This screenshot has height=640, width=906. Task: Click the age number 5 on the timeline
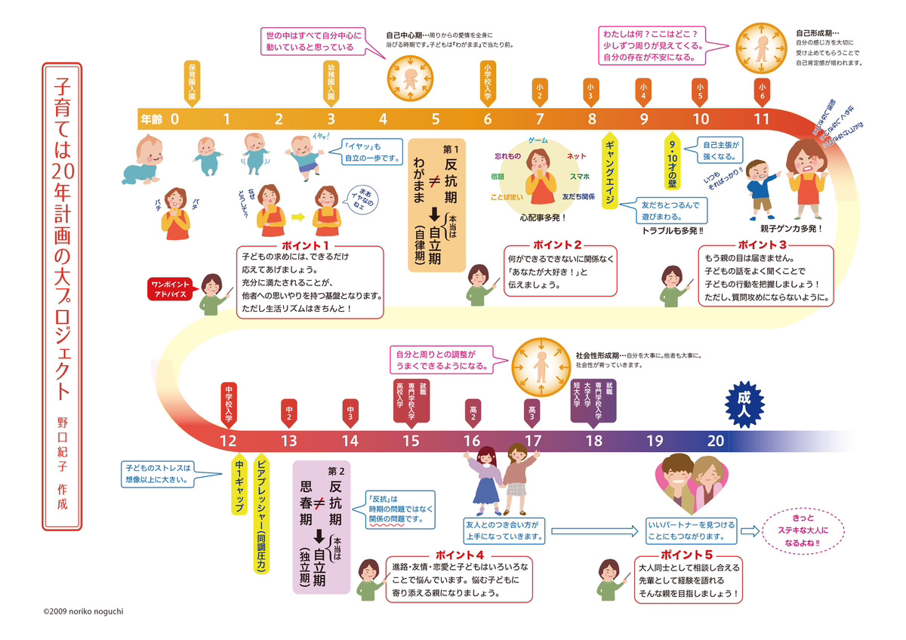(436, 118)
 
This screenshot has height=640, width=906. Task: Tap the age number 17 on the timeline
(533, 442)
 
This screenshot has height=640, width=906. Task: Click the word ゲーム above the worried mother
(538, 140)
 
